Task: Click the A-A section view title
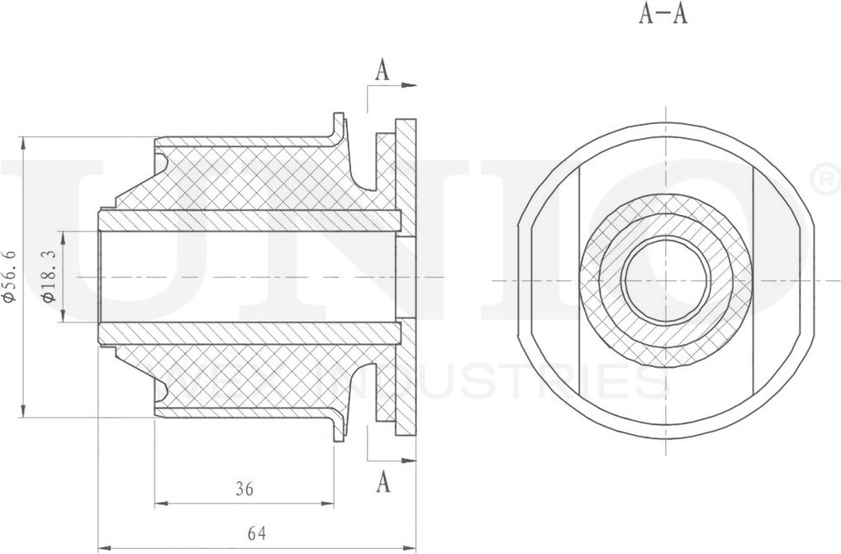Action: click(663, 15)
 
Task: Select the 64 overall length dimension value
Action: click(258, 533)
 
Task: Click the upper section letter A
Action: click(382, 71)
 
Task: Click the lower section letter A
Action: click(382, 481)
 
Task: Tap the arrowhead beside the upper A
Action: click(410, 84)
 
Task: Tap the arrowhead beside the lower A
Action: click(410, 461)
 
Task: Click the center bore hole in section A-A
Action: click(666, 279)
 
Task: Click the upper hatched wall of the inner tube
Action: click(248, 221)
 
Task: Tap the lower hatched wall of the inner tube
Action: click(248, 333)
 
